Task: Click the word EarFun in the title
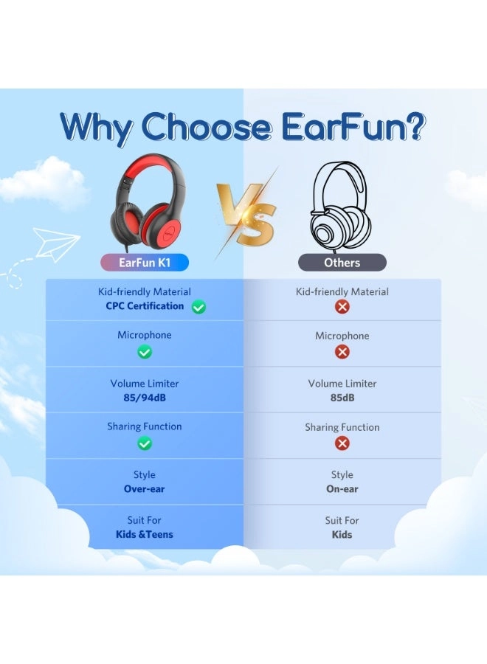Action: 354,126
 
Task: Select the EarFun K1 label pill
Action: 145,262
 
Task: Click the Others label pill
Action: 342,262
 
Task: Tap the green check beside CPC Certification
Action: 198,307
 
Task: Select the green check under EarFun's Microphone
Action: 145,352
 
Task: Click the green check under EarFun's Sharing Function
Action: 145,443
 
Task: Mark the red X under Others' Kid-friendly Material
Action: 342,307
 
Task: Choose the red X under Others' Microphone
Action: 342,352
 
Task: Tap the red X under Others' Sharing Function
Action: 342,443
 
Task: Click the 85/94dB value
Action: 145,398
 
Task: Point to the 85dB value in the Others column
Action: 342,398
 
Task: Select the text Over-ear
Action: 145,488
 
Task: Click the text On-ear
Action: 342,488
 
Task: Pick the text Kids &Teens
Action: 145,534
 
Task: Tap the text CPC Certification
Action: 145,306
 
